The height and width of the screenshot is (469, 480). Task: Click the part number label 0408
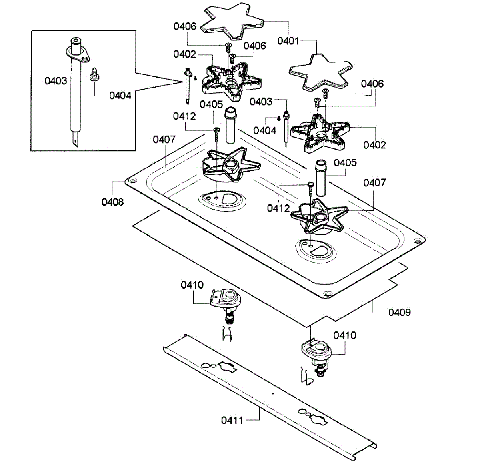click(x=112, y=202)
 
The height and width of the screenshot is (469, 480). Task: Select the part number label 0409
click(x=399, y=312)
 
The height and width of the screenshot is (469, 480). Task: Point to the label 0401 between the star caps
click(x=288, y=41)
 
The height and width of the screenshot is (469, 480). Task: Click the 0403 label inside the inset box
click(x=56, y=81)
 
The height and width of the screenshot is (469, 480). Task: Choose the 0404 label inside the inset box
click(x=120, y=96)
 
